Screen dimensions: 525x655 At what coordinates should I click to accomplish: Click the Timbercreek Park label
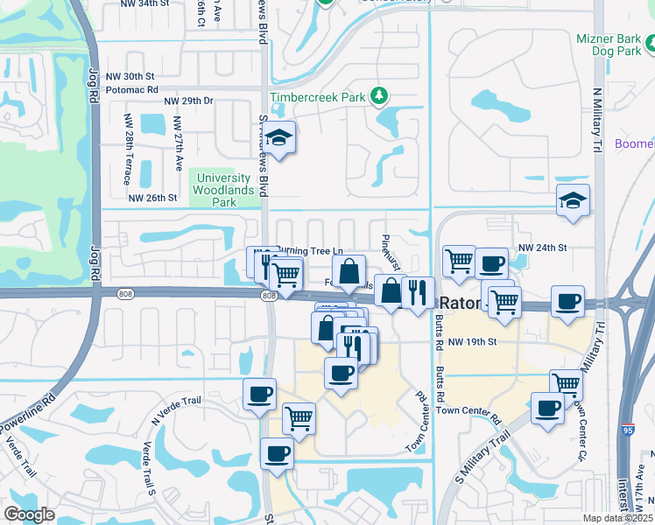tap(317, 98)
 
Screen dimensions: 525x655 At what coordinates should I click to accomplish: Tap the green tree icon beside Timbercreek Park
tap(379, 94)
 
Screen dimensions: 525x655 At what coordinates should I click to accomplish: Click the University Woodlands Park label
tap(213, 189)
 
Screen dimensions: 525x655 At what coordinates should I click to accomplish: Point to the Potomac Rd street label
tap(131, 89)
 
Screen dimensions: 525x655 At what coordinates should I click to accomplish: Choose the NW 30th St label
tap(131, 76)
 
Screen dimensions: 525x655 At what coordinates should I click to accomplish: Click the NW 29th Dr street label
tap(194, 101)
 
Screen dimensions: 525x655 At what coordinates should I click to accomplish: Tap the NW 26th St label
tap(152, 198)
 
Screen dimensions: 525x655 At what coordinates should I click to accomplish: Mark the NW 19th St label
tap(472, 341)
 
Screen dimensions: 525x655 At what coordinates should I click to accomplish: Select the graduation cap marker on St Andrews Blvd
tap(279, 138)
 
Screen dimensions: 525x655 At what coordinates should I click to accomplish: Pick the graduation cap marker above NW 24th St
tap(573, 200)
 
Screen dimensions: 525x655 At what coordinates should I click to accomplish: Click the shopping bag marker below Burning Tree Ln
tap(349, 271)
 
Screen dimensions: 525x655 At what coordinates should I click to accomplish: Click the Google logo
tap(29, 514)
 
